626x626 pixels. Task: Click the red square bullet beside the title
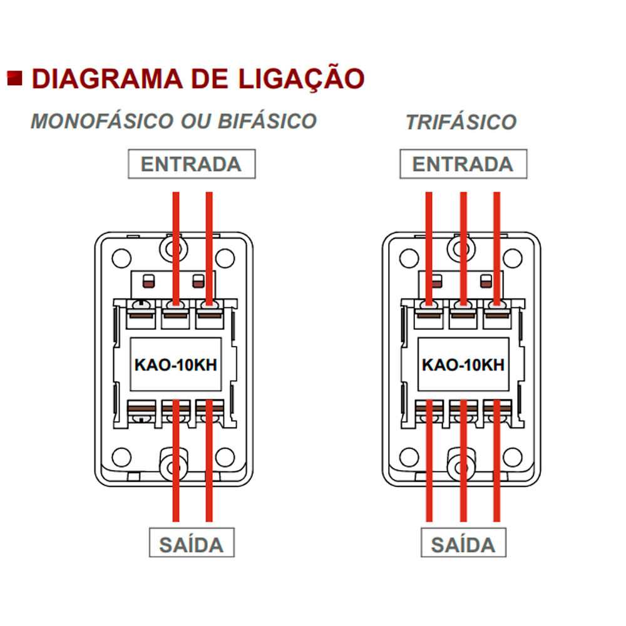(x=15, y=78)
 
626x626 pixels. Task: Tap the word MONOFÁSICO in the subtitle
(x=103, y=121)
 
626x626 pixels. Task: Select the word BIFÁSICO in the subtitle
(x=267, y=121)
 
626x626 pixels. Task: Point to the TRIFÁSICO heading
(x=461, y=122)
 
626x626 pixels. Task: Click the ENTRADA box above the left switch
(x=192, y=164)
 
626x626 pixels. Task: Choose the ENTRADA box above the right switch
(x=463, y=164)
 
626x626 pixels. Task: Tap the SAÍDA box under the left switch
(x=192, y=543)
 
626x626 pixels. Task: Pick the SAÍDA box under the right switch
(x=463, y=543)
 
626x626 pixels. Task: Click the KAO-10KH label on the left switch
(x=176, y=364)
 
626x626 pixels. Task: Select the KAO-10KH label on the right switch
(x=463, y=364)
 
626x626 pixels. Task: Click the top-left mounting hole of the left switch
(x=122, y=259)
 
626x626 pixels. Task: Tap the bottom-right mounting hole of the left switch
(x=225, y=457)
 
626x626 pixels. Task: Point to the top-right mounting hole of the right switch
(x=513, y=259)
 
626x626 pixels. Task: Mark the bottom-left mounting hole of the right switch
(x=409, y=457)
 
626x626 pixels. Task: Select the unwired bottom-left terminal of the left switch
(x=141, y=414)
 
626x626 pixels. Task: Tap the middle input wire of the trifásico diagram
(x=463, y=249)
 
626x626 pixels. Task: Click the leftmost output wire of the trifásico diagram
(x=429, y=461)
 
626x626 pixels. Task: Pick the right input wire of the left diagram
(x=209, y=249)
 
